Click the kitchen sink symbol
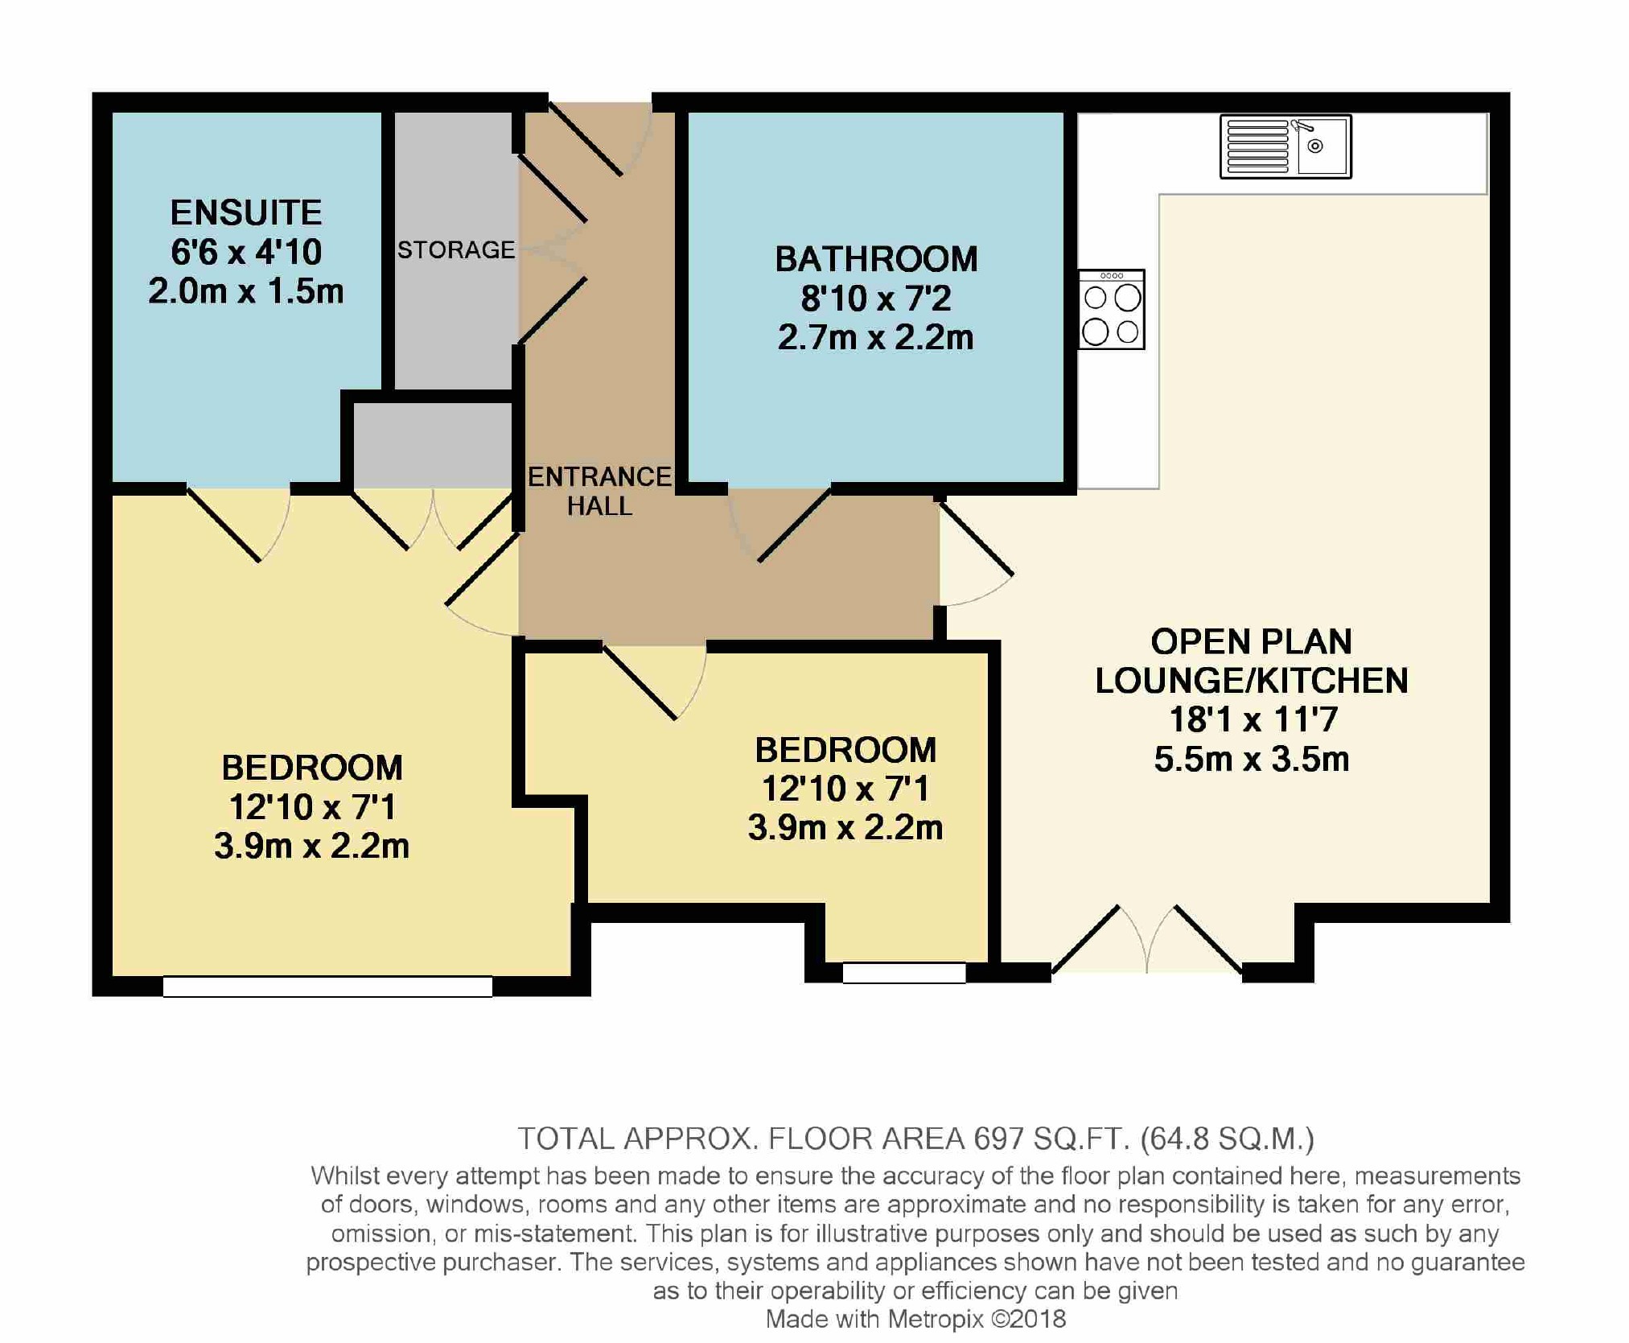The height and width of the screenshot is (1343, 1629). (1286, 146)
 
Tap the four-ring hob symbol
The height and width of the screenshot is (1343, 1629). (1111, 310)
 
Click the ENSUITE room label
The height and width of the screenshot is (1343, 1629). (246, 213)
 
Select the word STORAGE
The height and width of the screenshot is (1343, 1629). (456, 249)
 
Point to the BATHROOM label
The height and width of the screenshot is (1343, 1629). (876, 259)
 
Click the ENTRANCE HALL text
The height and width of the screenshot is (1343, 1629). (599, 491)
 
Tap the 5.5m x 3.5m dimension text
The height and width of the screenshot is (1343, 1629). (1252, 759)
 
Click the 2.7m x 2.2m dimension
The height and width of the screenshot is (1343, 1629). (876, 337)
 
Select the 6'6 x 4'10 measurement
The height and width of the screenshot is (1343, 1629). (246, 252)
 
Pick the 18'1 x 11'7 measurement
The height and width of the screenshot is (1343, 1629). (1253, 719)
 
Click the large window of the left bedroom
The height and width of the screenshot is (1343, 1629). (327, 987)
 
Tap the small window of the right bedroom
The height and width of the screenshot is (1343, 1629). (904, 973)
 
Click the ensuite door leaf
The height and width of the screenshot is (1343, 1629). (224, 524)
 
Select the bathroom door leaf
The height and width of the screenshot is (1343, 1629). (795, 525)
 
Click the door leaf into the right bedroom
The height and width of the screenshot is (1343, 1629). (640, 682)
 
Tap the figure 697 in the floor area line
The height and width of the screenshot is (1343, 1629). (998, 1139)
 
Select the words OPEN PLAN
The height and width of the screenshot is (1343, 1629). (1252, 641)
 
